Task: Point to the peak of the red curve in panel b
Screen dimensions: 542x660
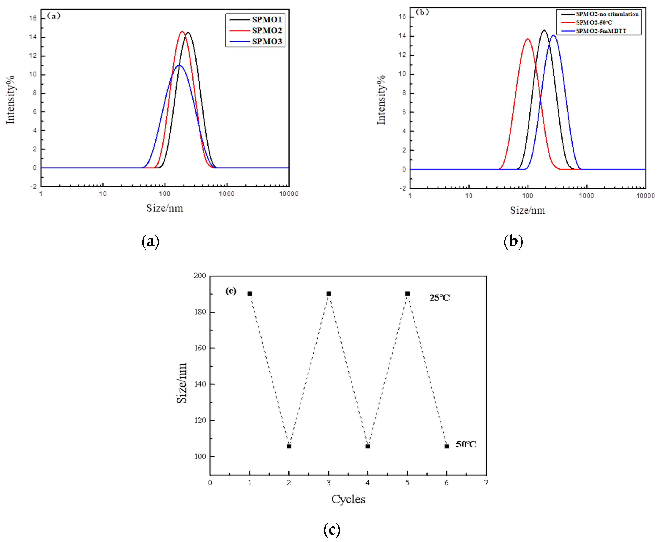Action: pos(528,39)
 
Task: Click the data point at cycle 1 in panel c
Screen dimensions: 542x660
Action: pos(250,294)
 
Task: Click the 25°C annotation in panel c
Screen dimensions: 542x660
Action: pos(439,298)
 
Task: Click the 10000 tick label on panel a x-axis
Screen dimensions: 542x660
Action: pos(289,194)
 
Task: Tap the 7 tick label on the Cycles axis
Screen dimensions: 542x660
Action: pos(486,483)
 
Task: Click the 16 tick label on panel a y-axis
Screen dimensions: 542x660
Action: pos(33,18)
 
